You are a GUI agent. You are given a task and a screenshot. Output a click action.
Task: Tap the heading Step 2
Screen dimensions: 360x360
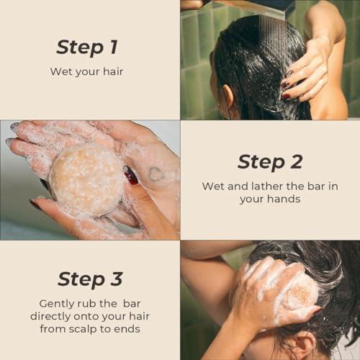(269, 162)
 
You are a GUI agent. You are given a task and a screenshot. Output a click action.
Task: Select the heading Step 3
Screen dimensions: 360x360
(89, 279)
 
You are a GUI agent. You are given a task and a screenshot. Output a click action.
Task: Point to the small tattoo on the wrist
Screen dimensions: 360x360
(155, 174)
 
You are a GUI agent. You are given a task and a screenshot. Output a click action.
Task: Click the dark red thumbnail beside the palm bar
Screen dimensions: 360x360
(130, 175)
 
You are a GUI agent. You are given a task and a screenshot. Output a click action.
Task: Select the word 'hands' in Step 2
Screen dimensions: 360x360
(282, 199)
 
